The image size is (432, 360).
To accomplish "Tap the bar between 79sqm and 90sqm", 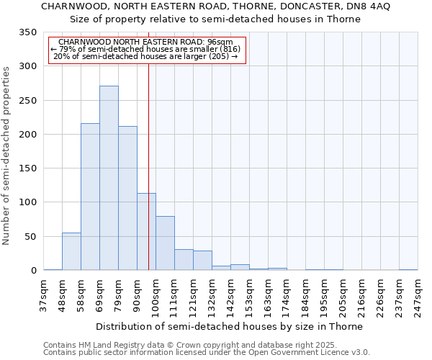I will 127,198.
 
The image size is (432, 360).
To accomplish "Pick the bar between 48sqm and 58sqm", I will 71,251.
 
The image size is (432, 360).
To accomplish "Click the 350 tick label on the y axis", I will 27,32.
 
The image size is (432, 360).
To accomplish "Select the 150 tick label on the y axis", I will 27,168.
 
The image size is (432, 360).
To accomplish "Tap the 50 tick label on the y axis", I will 30,237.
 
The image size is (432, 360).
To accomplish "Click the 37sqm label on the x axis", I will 43,296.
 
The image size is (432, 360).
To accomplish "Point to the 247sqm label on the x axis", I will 418,296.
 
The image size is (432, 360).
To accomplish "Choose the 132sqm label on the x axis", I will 212,296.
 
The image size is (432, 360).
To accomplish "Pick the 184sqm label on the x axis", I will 305,296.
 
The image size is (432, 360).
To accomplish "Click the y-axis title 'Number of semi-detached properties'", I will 7,155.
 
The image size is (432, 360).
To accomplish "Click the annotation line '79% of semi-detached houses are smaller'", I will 147,49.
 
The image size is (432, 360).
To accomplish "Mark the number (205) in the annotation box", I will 218,56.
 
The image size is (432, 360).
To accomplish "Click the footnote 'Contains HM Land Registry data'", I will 108,345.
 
